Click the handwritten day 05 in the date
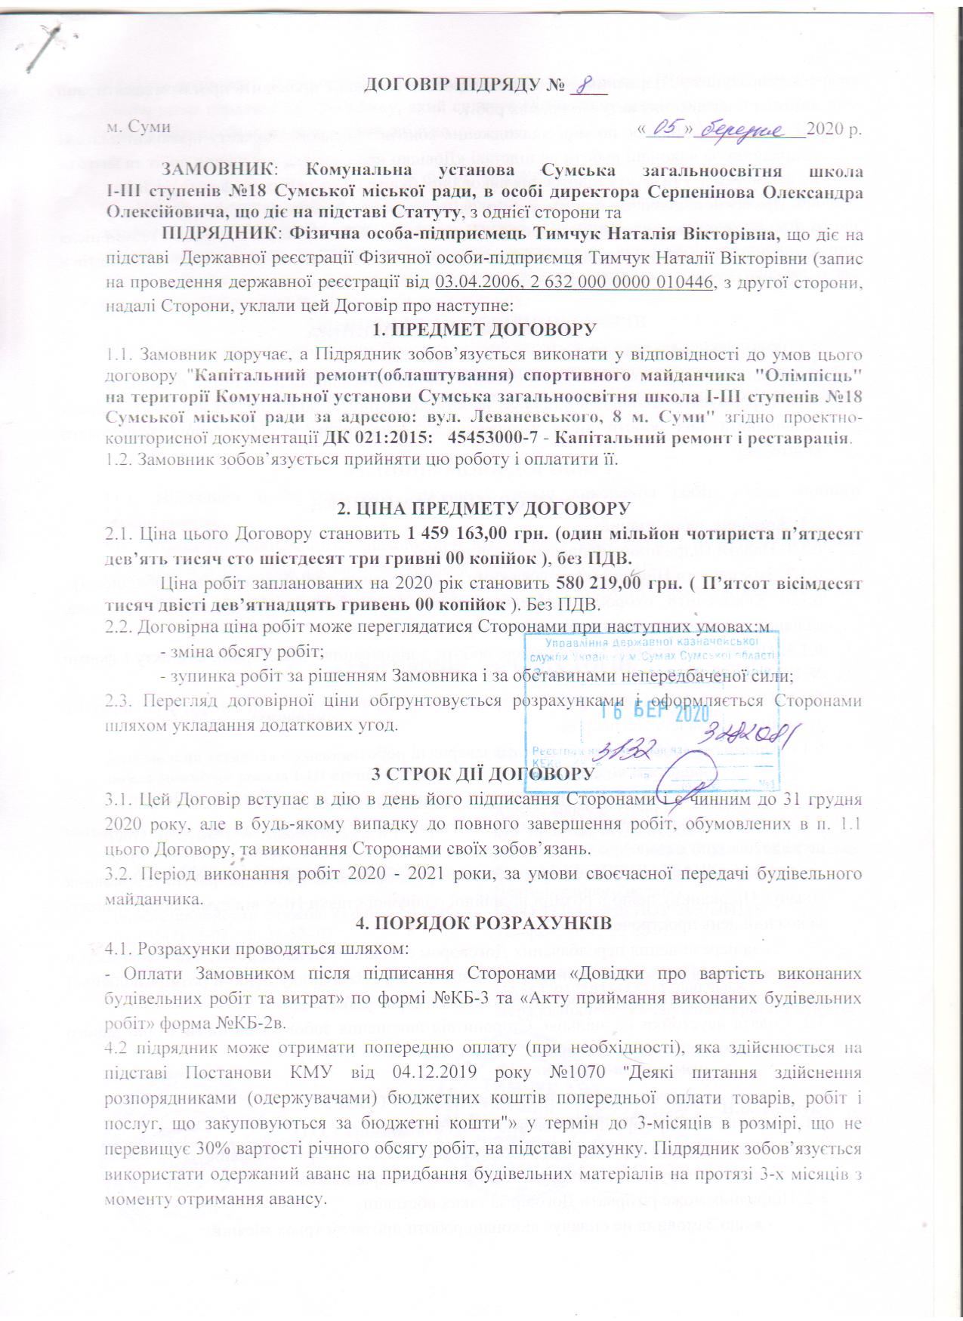tap(665, 129)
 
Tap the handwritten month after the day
tap(748, 130)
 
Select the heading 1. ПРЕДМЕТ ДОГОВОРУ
tap(485, 330)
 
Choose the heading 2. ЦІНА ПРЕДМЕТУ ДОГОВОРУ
tap(484, 508)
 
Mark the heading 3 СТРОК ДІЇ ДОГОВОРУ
tap(485, 774)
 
